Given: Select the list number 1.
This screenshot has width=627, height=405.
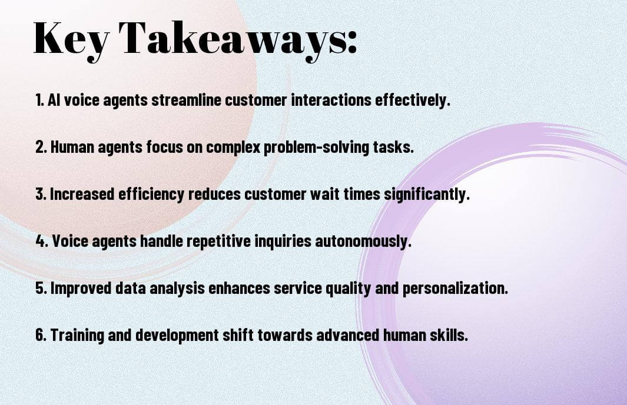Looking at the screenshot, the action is point(39,100).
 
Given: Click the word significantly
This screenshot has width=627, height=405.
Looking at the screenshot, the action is point(427,194).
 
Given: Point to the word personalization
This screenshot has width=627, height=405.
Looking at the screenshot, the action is point(455,288).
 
